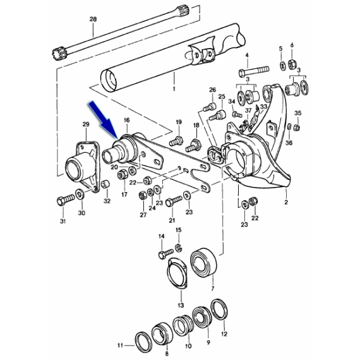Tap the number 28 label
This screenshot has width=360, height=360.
(93, 19)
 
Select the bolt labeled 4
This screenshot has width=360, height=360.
(254, 71)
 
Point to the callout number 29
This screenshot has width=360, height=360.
(86, 124)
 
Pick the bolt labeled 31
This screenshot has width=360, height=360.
(66, 200)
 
